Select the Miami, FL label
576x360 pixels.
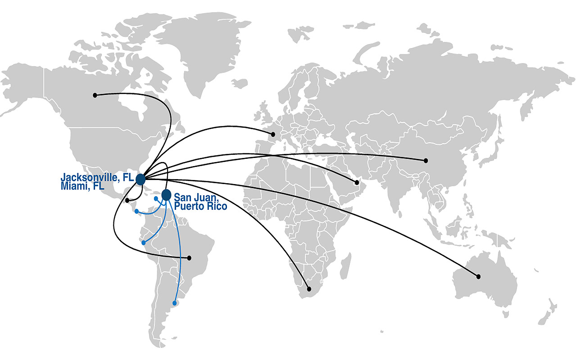tap(82, 186)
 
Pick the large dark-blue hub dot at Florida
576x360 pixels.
tap(140, 180)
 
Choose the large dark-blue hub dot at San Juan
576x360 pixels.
tap(166, 195)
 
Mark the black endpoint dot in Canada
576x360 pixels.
tap(95, 95)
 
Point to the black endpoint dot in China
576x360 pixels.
tap(426, 161)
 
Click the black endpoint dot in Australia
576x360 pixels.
tap(478, 276)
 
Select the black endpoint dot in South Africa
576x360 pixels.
tap(309, 289)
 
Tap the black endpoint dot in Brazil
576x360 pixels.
tap(189, 258)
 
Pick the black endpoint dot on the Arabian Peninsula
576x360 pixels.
tap(357, 182)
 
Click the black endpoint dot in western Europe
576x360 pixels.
tap(273, 134)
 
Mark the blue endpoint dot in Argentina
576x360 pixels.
tap(175, 303)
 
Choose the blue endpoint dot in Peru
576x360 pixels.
tap(144, 243)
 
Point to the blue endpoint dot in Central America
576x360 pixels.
tap(136, 211)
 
